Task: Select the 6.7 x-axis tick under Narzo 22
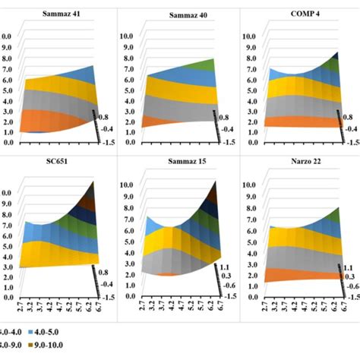(x=341, y=310)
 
